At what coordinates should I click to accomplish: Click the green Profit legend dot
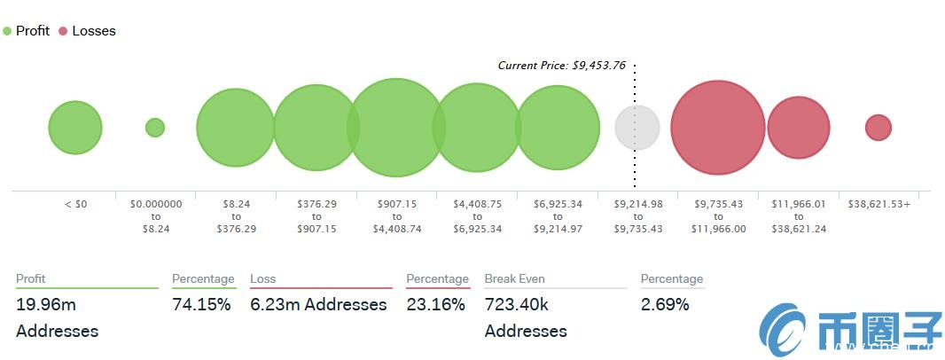pyautogui.click(x=7, y=31)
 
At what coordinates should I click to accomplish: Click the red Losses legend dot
pyautogui.click(x=63, y=31)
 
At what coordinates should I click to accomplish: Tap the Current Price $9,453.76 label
pyautogui.click(x=561, y=65)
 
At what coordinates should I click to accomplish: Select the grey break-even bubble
pyautogui.click(x=637, y=127)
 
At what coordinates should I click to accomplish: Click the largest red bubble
pyautogui.click(x=717, y=127)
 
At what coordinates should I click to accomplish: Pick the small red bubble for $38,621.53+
pyautogui.click(x=878, y=128)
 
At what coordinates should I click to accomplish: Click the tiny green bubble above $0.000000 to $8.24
pyautogui.click(x=155, y=128)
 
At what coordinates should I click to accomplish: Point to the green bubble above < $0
pyautogui.click(x=75, y=128)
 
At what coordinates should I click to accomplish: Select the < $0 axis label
pyautogui.click(x=75, y=204)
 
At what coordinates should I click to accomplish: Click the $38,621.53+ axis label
pyautogui.click(x=879, y=204)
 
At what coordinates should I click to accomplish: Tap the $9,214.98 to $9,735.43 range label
pyautogui.click(x=637, y=215)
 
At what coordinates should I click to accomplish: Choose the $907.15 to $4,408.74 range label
pyautogui.click(x=396, y=215)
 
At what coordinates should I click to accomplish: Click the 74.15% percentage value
pyautogui.click(x=201, y=305)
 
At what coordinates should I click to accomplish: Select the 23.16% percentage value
pyautogui.click(x=435, y=305)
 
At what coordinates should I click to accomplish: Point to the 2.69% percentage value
pyautogui.click(x=665, y=305)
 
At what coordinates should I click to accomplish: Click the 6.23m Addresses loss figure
pyautogui.click(x=318, y=305)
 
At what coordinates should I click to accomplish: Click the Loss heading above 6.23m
pyautogui.click(x=263, y=278)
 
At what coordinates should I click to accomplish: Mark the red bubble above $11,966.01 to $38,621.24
pyautogui.click(x=798, y=128)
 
